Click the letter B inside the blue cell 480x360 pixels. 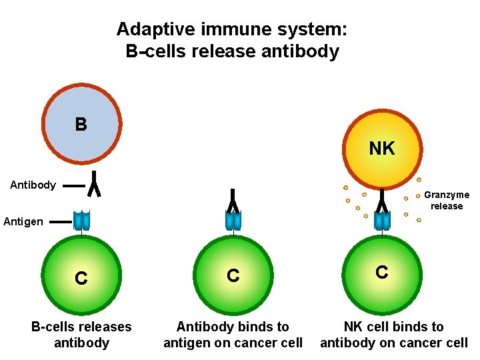(x=81, y=125)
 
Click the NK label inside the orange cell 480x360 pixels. (x=381, y=149)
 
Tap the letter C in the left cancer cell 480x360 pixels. (x=81, y=279)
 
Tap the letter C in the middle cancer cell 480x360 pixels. (x=233, y=276)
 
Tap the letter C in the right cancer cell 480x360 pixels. (x=381, y=272)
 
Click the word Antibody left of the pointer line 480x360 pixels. (x=33, y=185)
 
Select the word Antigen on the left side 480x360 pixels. (x=23, y=221)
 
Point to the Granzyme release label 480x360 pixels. (x=447, y=200)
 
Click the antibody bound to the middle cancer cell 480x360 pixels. (x=233, y=199)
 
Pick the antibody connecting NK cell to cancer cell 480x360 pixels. (x=382, y=199)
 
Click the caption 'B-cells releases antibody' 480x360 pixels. (x=81, y=335)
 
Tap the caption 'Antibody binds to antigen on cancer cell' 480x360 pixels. (x=233, y=335)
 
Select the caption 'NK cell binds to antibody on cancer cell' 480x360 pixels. (x=394, y=335)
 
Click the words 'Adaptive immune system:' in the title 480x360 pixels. (x=232, y=29)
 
